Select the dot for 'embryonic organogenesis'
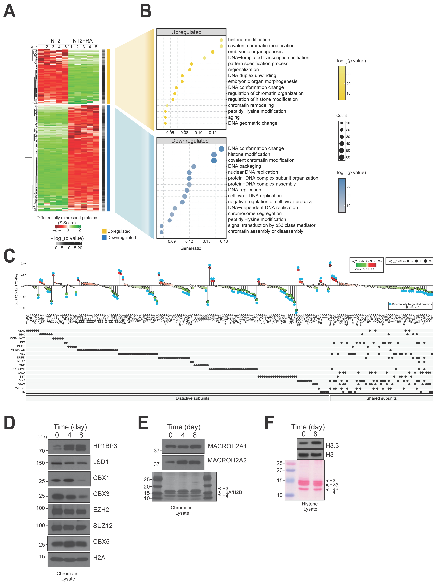click(x=212, y=52)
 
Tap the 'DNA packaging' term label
click(x=244, y=166)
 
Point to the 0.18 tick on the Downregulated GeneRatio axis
click(x=224, y=241)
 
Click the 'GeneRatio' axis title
click(x=191, y=248)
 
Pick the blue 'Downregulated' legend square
click(x=104, y=237)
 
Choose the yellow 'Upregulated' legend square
click(x=104, y=231)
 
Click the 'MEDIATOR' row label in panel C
click(x=18, y=350)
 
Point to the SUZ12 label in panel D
click(x=103, y=526)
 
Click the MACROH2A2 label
click(x=227, y=460)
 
